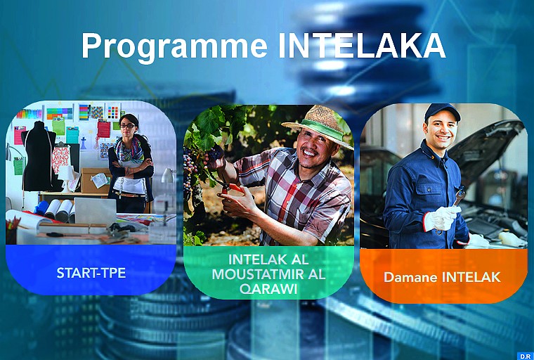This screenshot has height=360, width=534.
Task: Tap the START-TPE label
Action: (91, 272)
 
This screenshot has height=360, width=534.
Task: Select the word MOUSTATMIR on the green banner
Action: (268, 274)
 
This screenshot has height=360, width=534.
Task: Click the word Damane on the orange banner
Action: (410, 277)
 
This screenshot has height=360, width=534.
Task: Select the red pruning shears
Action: (233, 189)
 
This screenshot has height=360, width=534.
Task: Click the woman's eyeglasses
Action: (128, 126)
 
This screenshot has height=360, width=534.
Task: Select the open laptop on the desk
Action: (95, 210)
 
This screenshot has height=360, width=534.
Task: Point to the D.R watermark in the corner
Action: (524, 355)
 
